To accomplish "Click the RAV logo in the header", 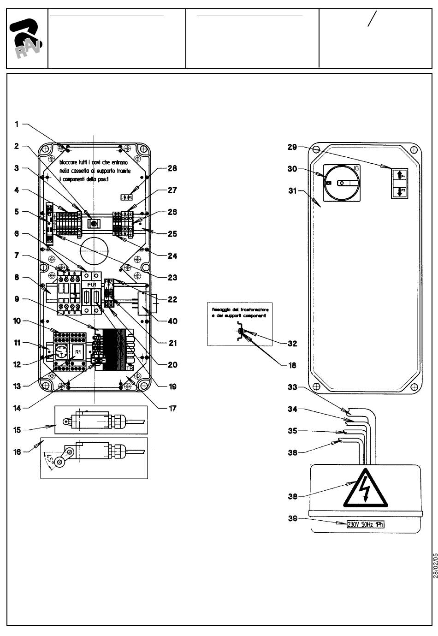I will (26, 38).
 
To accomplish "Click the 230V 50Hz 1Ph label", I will (365, 524).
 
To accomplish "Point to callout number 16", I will (18, 452).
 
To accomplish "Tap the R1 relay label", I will (78, 352).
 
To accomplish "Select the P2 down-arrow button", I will (400, 190).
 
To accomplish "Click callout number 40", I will (172, 321).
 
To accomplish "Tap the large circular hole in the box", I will (94, 251).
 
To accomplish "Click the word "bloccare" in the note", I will (70, 163).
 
